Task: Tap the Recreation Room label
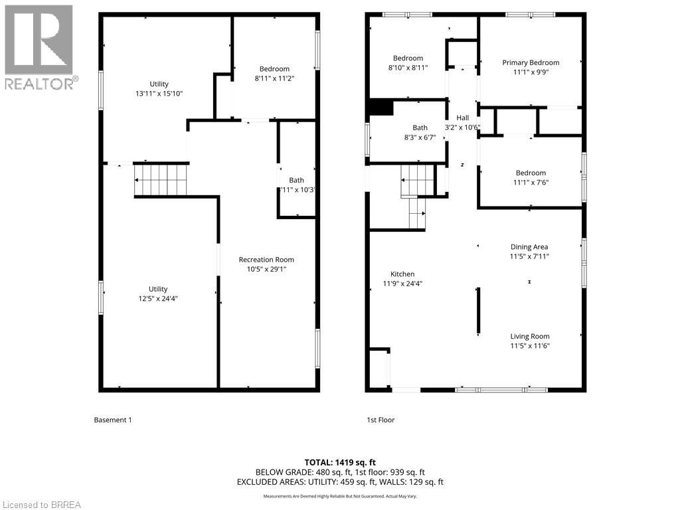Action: coord(266,260)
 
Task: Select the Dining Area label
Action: coord(529,247)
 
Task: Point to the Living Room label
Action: coord(530,336)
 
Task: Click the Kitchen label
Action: coord(402,274)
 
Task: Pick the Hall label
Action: coord(462,118)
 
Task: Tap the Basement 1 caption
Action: coord(113,420)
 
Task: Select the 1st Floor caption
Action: coord(381,420)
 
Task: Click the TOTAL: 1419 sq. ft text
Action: coord(340,462)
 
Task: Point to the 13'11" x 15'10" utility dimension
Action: coord(159,94)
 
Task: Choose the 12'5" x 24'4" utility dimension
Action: coord(158,299)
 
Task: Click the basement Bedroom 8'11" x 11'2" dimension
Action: coord(274,78)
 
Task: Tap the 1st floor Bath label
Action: coord(420,127)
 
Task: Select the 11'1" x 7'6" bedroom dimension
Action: coord(531,183)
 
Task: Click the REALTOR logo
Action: coord(39,46)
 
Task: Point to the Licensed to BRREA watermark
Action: coord(41,505)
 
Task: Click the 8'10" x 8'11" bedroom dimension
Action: coord(408,68)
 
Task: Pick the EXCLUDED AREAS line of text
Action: coord(340,482)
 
